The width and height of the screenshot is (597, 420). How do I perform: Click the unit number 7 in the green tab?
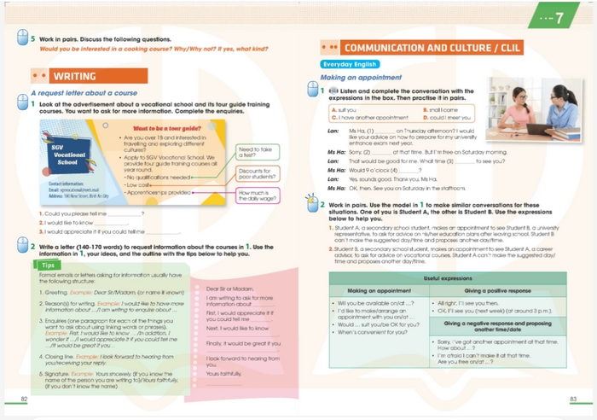(x=559, y=17)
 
